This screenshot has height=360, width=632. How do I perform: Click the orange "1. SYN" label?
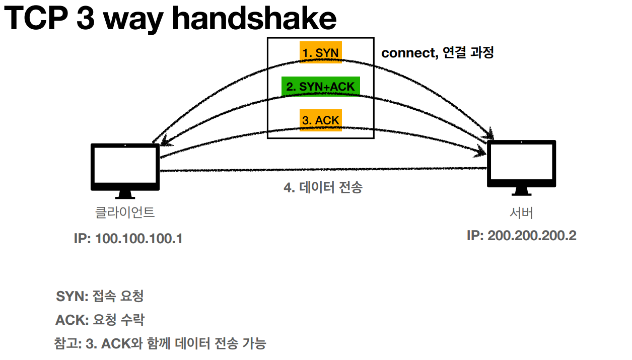[x=321, y=52]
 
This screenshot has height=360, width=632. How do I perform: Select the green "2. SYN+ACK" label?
[x=320, y=86]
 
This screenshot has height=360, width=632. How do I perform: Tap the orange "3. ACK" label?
[x=321, y=120]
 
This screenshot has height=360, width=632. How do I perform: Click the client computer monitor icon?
[x=125, y=167]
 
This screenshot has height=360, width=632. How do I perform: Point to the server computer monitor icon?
[x=521, y=164]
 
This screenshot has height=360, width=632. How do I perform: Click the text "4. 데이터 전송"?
[x=323, y=188]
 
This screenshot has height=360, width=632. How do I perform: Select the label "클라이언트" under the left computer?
[x=125, y=212]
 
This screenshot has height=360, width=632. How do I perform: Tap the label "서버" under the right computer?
[x=521, y=212]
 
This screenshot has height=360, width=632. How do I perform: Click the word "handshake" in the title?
[x=255, y=19]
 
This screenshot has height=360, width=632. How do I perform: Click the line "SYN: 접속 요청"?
[x=100, y=296]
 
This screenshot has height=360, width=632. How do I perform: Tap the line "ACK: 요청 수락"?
[x=100, y=320]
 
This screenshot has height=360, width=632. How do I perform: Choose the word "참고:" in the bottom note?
[x=67, y=344]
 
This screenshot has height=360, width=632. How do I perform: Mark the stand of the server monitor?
[x=521, y=192]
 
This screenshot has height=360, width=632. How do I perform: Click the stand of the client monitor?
[x=125, y=194]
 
